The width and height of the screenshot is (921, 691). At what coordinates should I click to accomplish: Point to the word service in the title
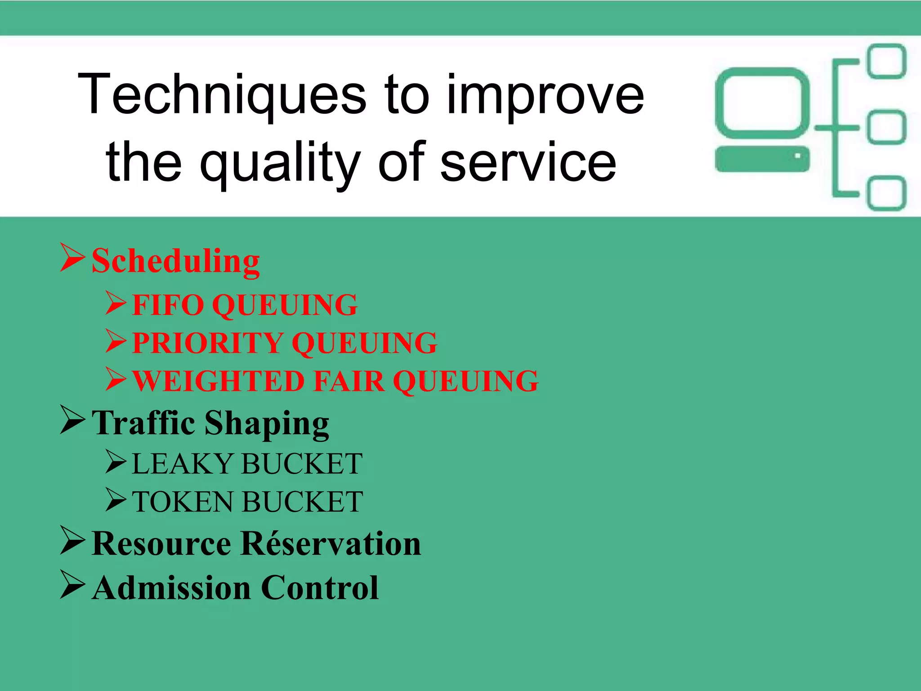[528, 162]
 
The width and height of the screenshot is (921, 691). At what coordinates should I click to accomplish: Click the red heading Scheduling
[175, 261]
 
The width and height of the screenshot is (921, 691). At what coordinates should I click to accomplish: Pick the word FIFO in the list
[168, 305]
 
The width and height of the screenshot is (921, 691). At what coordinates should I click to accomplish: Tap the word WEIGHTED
[219, 381]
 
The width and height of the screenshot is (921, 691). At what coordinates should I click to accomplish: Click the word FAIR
[349, 381]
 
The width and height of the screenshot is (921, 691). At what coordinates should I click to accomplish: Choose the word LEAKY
[183, 464]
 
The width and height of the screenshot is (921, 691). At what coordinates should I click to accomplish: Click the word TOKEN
[183, 502]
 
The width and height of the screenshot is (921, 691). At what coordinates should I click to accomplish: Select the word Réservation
[331, 544]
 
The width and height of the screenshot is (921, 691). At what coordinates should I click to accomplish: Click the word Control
[320, 588]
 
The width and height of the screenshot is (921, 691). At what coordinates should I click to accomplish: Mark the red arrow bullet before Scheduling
[72, 258]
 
